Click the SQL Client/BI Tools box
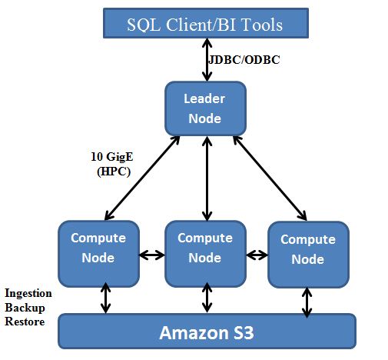coord(204,24)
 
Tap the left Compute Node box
coord(98,248)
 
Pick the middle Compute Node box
coord(205,248)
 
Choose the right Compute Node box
coord(307,249)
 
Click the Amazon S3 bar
coord(207,332)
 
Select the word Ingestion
coord(28,293)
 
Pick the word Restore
coord(25,320)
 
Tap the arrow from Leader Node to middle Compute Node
coord(206,178)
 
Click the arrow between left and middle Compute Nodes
coord(152,252)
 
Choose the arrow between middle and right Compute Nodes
coord(257,252)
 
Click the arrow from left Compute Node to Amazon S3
coord(105,298)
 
